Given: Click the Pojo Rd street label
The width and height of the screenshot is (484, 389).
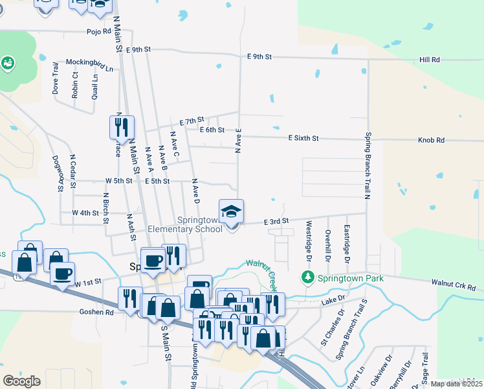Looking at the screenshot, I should tap(97, 31).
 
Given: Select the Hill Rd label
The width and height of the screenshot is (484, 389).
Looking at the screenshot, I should tap(429, 60).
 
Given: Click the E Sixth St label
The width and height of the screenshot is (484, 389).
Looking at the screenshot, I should tap(303, 138).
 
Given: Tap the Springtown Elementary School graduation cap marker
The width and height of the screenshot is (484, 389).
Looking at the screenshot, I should tap(232, 212).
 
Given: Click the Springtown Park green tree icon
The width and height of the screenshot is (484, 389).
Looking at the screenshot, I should tap(308, 278).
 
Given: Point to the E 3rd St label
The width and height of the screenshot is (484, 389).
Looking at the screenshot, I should tap(276, 221).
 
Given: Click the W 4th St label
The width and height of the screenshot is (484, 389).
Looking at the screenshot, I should tap(85, 213).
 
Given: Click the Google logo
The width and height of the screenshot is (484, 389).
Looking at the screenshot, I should tap(21, 381).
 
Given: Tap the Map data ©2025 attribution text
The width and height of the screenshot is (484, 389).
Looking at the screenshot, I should tap(456, 384).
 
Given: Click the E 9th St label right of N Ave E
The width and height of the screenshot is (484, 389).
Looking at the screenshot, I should tap(259, 56).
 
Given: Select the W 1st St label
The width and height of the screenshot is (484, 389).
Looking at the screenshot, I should tap(89, 283).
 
